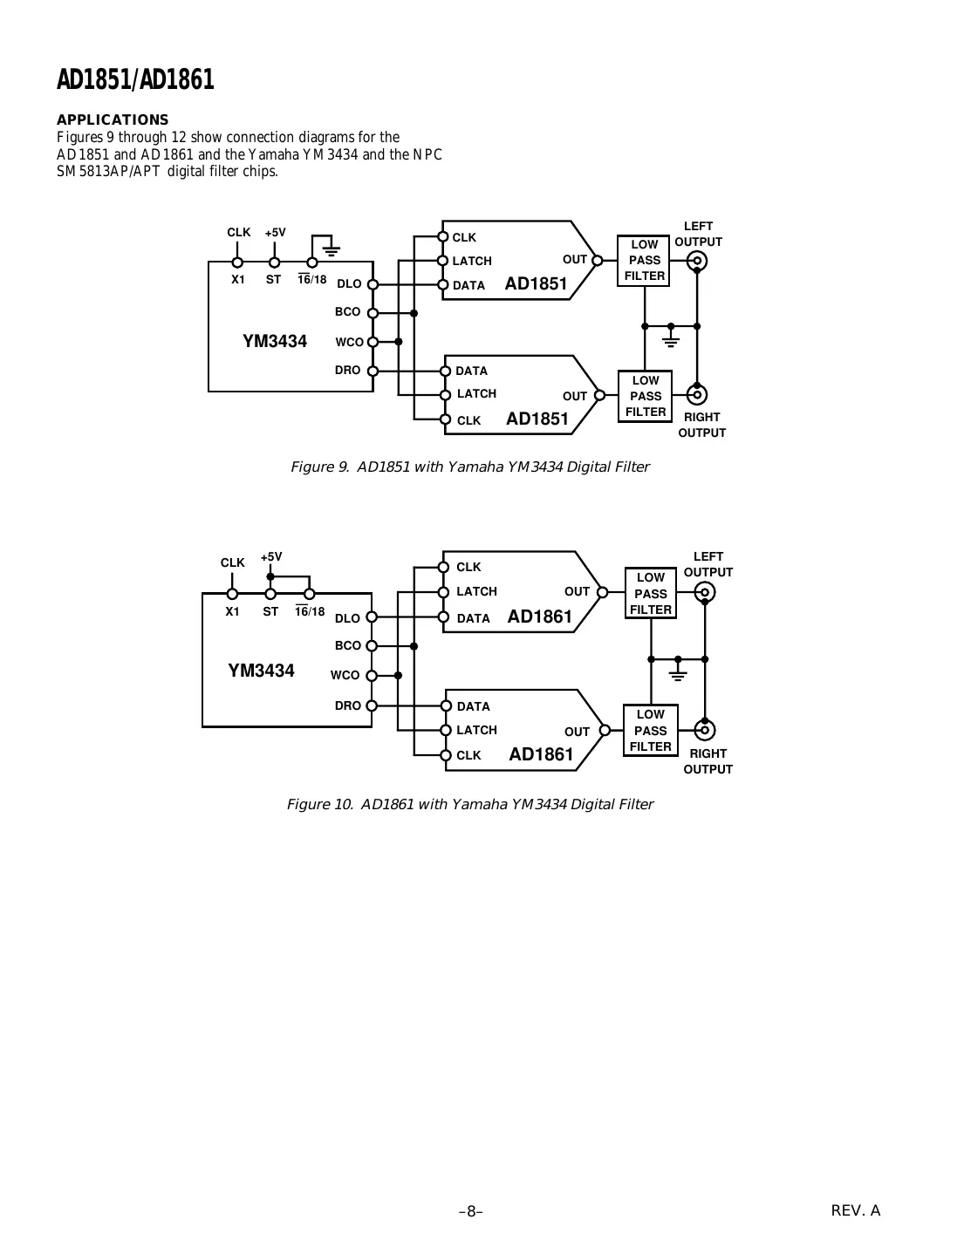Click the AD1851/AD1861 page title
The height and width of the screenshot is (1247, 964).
point(135,80)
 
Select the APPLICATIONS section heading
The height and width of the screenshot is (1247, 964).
point(113,119)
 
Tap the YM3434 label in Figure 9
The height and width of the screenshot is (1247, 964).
point(275,342)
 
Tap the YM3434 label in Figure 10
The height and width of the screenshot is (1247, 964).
point(261,671)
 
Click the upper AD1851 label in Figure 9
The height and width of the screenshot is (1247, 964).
point(536,283)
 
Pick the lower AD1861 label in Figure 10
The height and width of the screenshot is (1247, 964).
point(541,754)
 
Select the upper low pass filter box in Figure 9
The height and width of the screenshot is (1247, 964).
point(645,260)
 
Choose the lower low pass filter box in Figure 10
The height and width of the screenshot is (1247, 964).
point(650,731)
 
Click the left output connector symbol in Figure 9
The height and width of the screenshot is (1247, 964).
point(696,260)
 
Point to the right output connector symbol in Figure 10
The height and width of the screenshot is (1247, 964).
point(705,731)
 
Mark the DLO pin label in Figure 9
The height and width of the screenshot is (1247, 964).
point(349,284)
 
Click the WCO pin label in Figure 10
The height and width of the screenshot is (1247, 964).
point(345,676)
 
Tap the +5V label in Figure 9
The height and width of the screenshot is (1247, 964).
point(275,233)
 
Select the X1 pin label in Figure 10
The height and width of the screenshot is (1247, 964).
point(232,612)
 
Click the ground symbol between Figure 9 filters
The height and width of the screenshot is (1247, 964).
point(671,337)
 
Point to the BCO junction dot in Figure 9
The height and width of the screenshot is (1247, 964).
point(414,312)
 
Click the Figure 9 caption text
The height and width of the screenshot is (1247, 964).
point(469,467)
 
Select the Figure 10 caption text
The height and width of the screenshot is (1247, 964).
point(469,805)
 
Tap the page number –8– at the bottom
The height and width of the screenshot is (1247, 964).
point(471,1211)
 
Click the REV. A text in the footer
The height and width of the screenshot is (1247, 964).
point(855,1210)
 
